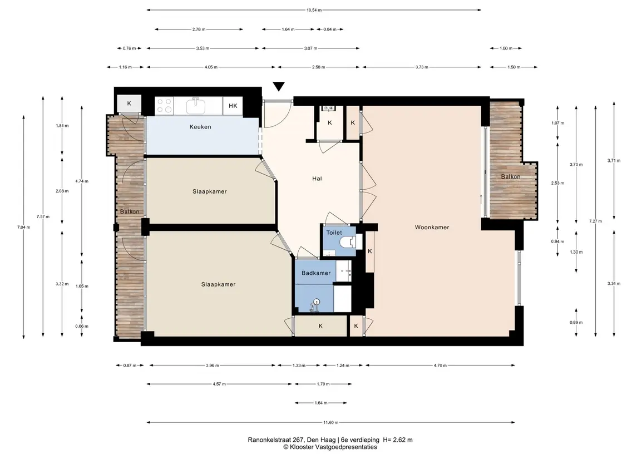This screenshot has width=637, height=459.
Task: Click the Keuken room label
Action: click(x=200, y=127)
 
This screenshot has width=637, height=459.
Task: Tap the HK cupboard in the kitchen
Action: click(x=233, y=106)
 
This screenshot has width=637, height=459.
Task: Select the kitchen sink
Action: click(x=196, y=106)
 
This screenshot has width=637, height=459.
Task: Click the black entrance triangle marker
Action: click(x=279, y=87)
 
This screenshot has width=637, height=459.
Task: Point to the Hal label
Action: click(x=317, y=179)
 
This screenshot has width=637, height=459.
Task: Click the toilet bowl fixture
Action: click(x=349, y=243)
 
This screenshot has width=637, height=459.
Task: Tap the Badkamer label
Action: click(x=316, y=273)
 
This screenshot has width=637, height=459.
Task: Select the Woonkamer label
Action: click(x=432, y=227)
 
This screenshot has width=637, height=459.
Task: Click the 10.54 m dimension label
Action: click(x=314, y=10)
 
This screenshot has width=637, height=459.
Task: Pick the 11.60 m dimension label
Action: click(x=330, y=422)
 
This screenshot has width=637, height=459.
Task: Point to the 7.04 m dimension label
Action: click(x=23, y=227)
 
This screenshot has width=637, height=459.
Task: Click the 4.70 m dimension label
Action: click(x=440, y=365)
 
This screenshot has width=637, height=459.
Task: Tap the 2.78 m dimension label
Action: click(x=199, y=29)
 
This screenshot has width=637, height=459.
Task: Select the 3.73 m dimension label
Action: click(x=422, y=67)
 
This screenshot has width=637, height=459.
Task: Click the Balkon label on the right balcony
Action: click(x=510, y=177)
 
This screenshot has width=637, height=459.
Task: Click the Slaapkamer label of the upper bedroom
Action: click(x=210, y=191)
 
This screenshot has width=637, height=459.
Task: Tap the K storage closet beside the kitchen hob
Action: click(x=129, y=103)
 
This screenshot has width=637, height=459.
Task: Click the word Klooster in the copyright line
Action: click(x=302, y=447)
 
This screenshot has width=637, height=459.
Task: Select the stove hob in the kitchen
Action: click(x=164, y=106)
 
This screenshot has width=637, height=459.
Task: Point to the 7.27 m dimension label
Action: click(x=596, y=221)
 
